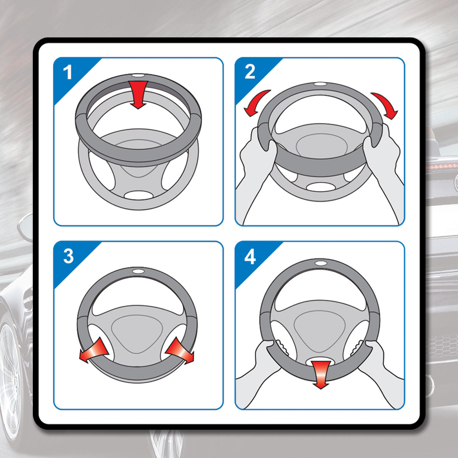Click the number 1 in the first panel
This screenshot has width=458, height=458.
[x=68, y=72]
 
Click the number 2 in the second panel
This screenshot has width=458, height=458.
[x=250, y=71]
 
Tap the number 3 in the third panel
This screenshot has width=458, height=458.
[x=68, y=256]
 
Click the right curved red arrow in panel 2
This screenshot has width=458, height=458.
[x=385, y=104]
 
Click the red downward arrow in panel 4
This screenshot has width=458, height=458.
[x=321, y=374]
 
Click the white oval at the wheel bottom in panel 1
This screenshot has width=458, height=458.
[x=138, y=195]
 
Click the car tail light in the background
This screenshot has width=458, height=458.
[x=443, y=166]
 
